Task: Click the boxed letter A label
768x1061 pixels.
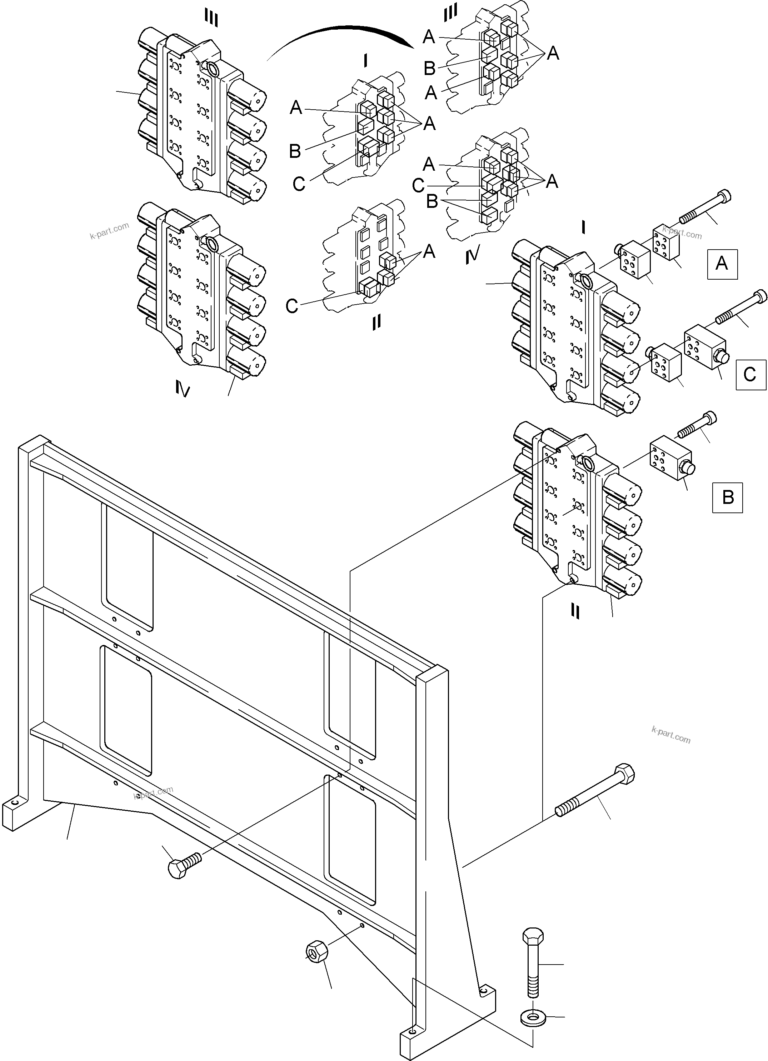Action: tap(722, 264)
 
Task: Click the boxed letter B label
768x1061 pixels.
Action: tap(727, 497)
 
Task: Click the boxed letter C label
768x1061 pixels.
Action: tap(750, 375)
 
